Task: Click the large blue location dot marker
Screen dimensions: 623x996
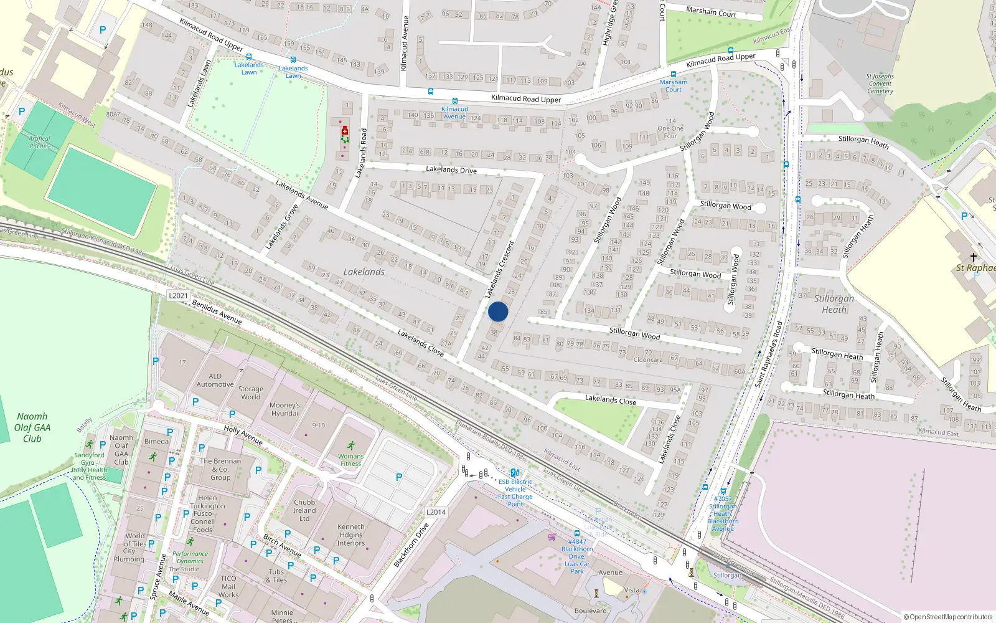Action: click(498, 311)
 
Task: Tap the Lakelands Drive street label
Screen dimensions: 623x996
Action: click(451, 170)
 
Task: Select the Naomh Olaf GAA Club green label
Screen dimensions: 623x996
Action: click(32, 427)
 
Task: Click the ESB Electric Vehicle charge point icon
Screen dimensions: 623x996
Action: click(514, 473)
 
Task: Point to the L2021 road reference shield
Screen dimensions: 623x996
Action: click(178, 295)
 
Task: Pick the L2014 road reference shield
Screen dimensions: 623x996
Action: click(436, 512)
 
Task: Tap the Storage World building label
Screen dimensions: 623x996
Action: click(251, 392)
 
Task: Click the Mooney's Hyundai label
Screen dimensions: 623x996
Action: click(284, 409)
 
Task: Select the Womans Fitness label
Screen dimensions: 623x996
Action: click(350, 460)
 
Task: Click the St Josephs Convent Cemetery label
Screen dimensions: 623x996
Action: click(880, 83)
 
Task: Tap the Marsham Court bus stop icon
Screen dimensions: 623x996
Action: click(673, 74)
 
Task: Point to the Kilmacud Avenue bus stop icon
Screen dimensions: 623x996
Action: click(454, 101)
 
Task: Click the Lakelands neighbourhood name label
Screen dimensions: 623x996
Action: click(364, 272)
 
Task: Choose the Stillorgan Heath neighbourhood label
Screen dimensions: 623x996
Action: click(834, 304)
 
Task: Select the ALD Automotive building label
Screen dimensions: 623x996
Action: click(215, 380)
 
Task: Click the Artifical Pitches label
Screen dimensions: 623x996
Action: click(39, 142)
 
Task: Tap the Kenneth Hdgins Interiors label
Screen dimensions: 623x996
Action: click(351, 535)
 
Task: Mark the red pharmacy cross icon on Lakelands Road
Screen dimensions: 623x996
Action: click(344, 131)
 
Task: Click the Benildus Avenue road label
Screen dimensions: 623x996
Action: click(217, 311)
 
